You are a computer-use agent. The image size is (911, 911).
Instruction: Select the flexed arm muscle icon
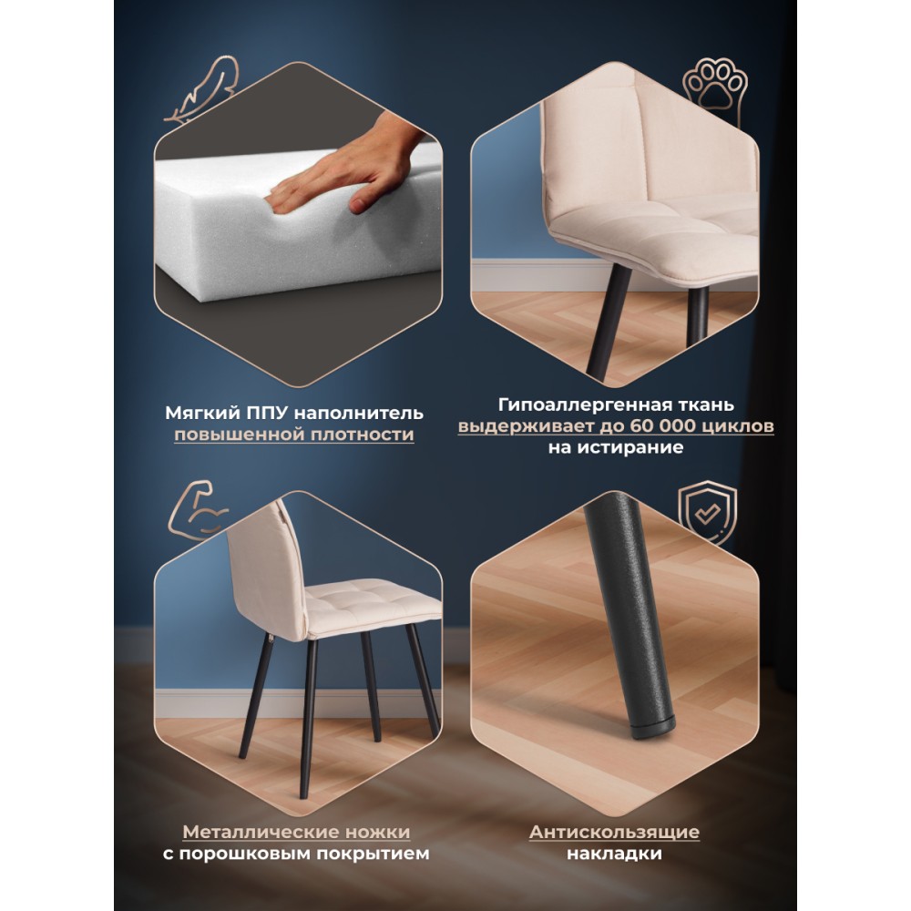pos(198,509)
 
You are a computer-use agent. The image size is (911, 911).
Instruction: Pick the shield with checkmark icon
pos(708,512)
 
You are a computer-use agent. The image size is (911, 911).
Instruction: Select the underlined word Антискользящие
pos(615,832)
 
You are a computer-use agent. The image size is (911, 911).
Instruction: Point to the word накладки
pos(615,855)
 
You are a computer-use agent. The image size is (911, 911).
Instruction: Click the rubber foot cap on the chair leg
pos(653,726)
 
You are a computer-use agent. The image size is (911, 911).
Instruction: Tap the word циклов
pos(739,427)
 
